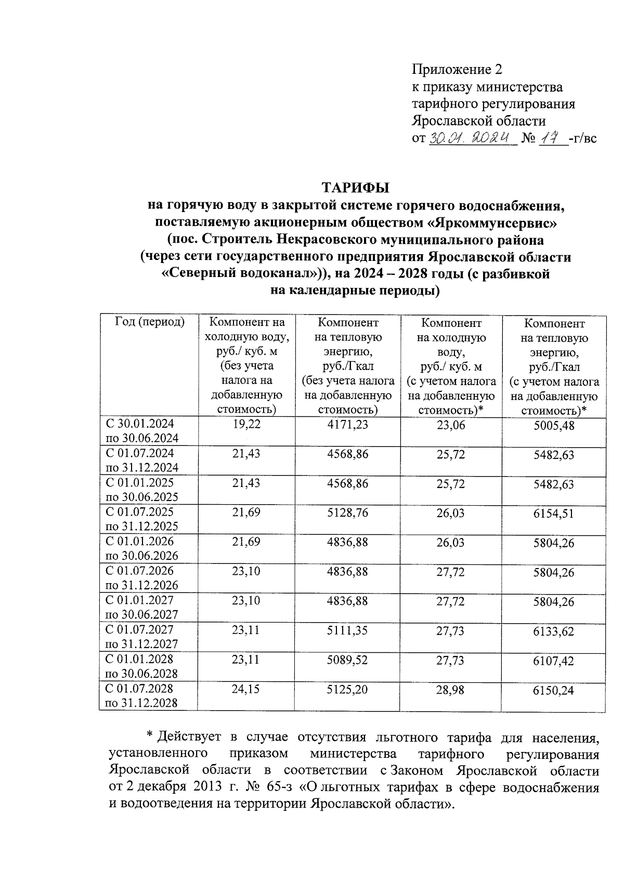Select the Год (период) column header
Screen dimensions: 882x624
pyautogui.click(x=150, y=322)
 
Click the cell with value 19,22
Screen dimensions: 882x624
pyautogui.click(x=246, y=425)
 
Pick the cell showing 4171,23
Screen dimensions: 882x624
pyautogui.click(x=347, y=425)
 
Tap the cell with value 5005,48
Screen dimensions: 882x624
pyautogui.click(x=554, y=426)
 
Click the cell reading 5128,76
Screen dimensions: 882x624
pyautogui.click(x=347, y=513)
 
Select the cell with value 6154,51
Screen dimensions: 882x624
pyautogui.click(x=554, y=514)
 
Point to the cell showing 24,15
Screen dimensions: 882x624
pyautogui.click(x=246, y=690)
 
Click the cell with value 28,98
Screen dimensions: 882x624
pyautogui.click(x=450, y=690)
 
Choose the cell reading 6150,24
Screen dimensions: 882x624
pyautogui.click(x=554, y=691)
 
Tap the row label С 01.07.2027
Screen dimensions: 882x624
pyautogui.click(x=140, y=630)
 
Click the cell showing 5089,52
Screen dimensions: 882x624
pyautogui.click(x=347, y=660)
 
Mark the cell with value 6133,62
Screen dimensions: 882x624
pyautogui.click(x=554, y=632)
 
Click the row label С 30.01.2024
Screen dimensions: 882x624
pyautogui.click(x=140, y=424)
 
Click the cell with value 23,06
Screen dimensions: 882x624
pyautogui.click(x=450, y=425)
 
